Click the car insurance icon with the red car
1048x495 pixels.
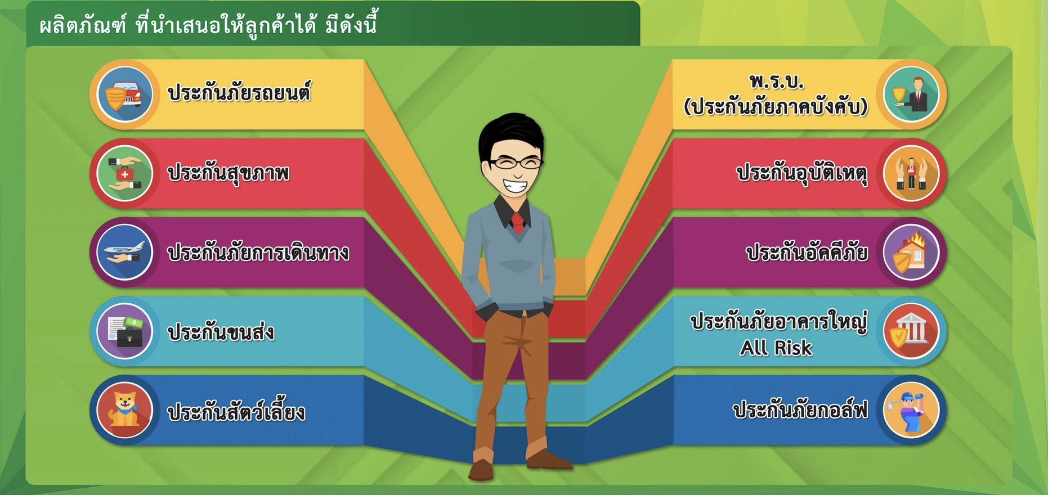[x=124, y=94]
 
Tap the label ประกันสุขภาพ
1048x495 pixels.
[x=229, y=173]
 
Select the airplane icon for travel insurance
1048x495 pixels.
[x=124, y=253]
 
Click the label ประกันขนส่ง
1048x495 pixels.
[x=221, y=332]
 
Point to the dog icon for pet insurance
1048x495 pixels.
[x=124, y=411]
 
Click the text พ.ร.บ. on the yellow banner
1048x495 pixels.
[x=777, y=82]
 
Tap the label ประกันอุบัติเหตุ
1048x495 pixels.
[x=802, y=173]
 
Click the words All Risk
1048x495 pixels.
[x=776, y=348]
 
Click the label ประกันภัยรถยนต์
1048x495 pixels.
[x=239, y=93]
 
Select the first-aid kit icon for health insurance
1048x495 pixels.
[x=124, y=174]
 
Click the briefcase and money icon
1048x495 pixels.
[x=124, y=331]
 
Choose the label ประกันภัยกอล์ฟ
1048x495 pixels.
[x=800, y=410]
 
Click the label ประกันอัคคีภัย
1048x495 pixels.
[x=807, y=253]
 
